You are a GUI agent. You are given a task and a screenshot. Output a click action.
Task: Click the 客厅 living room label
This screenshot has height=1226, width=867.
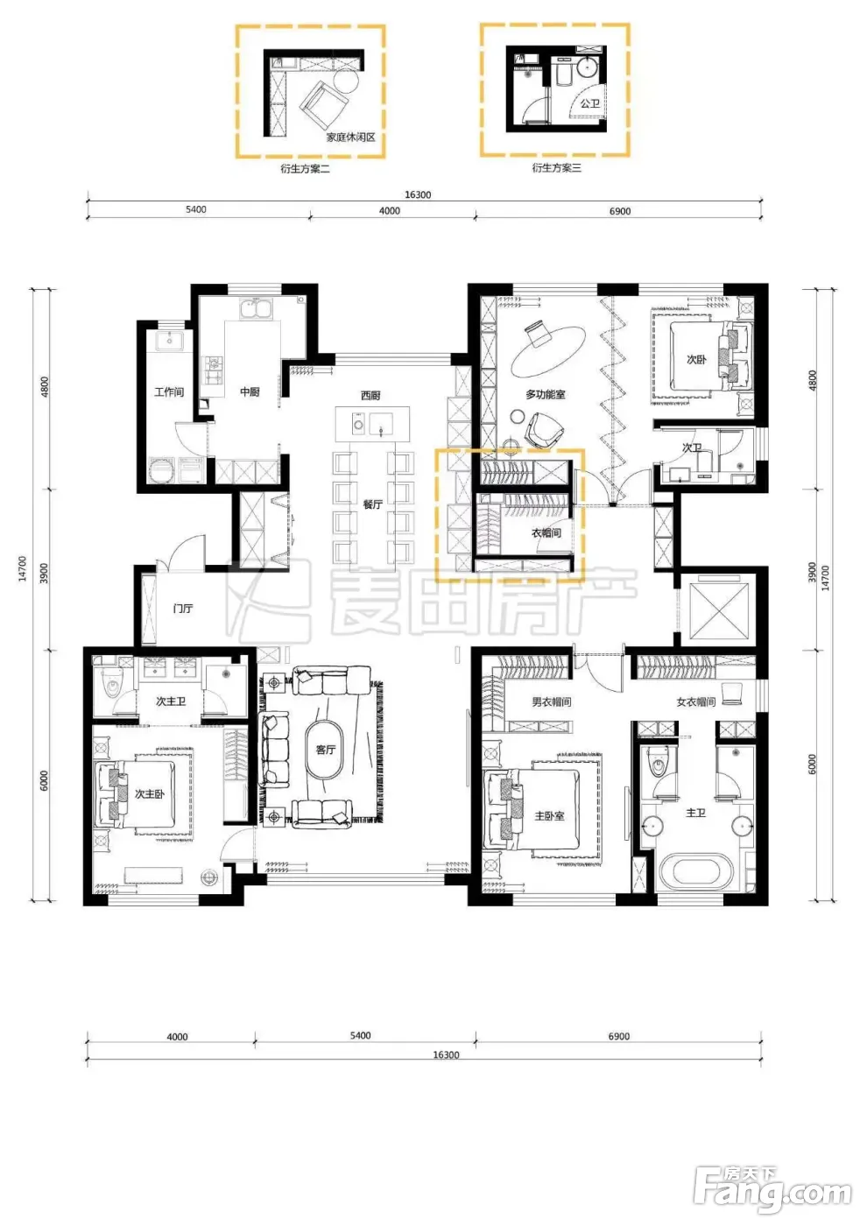point(325,750)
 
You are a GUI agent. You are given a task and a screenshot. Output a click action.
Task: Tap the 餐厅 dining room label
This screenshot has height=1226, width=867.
point(372,504)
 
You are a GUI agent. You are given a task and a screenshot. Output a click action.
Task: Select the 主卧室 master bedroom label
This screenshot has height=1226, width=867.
point(549,816)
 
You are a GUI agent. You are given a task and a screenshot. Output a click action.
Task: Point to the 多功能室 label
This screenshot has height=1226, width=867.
point(545,394)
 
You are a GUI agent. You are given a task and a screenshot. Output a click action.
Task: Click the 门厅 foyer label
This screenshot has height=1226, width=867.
point(183,608)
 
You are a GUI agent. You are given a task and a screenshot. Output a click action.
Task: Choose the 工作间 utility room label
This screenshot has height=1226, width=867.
point(168,392)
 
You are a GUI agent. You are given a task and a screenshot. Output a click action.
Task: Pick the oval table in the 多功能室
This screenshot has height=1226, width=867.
point(548,351)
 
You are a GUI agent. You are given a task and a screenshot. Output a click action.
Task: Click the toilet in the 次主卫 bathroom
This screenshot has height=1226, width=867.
point(113,683)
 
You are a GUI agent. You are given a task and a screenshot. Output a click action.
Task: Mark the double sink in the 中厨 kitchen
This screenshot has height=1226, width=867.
point(256,308)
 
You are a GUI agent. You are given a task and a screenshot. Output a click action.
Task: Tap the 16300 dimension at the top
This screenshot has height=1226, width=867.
point(418,194)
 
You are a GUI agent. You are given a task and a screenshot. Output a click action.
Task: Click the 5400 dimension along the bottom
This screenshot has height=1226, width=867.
point(360,1035)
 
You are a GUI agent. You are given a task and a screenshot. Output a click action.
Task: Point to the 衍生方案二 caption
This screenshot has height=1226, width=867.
point(305,168)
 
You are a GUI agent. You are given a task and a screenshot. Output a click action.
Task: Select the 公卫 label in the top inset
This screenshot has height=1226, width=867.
point(589,103)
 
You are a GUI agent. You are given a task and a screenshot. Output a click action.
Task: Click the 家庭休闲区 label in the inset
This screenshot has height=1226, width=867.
point(351,137)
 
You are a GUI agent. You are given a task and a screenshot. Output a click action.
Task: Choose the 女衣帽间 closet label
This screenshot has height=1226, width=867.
point(695,701)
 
